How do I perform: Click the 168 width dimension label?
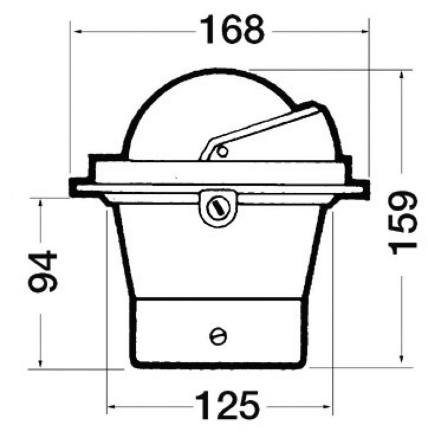pos(232,30)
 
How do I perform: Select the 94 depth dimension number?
pos(43,271)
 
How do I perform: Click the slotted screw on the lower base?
pos(218,336)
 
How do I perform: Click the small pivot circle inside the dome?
pos(222,152)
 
